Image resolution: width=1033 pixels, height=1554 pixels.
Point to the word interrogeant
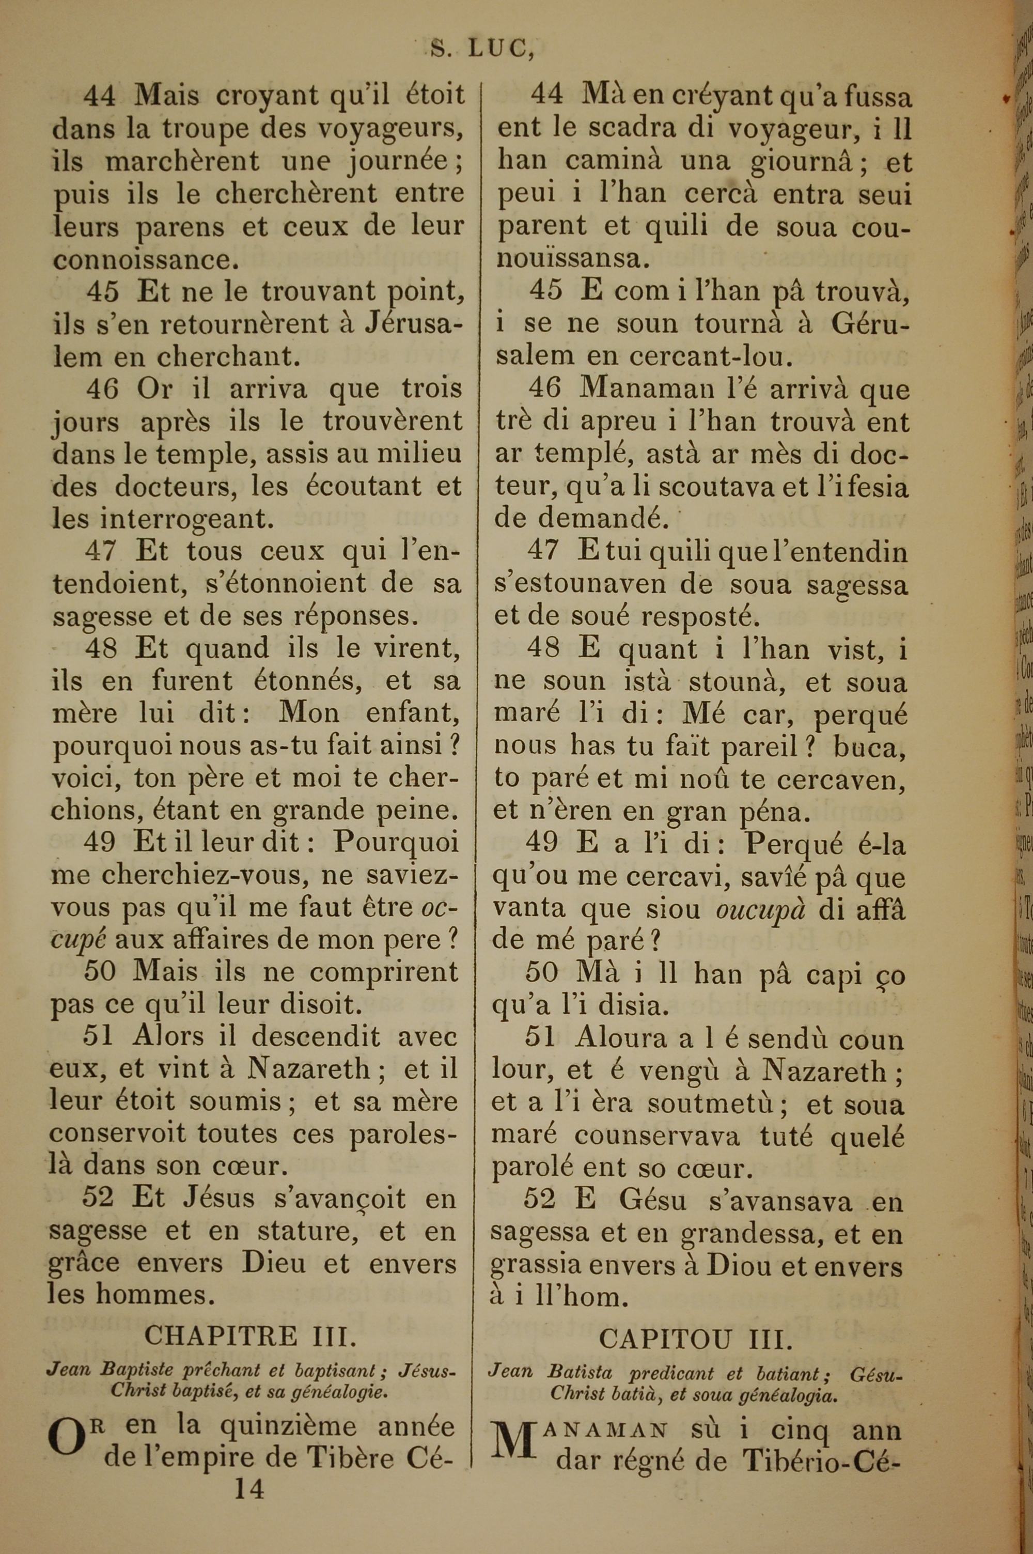[x=186, y=519]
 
